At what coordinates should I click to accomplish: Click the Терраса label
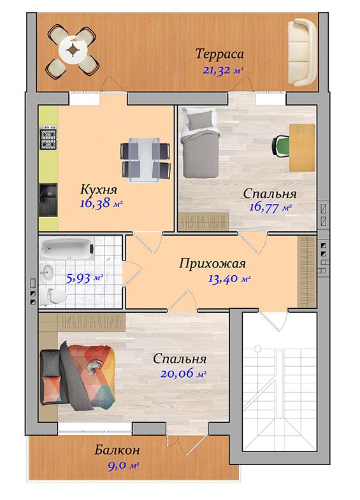tap(219, 54)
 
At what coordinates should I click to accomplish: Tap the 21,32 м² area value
tap(223, 70)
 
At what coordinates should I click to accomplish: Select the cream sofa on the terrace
tap(303, 52)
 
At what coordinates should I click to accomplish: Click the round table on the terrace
tap(73, 50)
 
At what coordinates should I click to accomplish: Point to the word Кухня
tap(99, 189)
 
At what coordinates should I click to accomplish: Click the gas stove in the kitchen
tap(48, 138)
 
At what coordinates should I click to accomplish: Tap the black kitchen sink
tap(48, 199)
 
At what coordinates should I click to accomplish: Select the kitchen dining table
tap(145, 160)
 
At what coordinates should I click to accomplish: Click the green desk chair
tap(280, 146)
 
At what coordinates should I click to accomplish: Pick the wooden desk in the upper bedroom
tap(302, 148)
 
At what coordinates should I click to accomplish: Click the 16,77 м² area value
tap(270, 207)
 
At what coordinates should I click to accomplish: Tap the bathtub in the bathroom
tap(68, 248)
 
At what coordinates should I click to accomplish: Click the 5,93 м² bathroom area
tap(84, 278)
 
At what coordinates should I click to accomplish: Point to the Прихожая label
tap(212, 264)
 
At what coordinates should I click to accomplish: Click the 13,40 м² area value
tap(229, 279)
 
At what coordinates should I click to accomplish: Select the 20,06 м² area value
tap(183, 373)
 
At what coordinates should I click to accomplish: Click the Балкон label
tap(117, 450)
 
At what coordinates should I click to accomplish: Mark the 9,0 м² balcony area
tap(123, 466)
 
